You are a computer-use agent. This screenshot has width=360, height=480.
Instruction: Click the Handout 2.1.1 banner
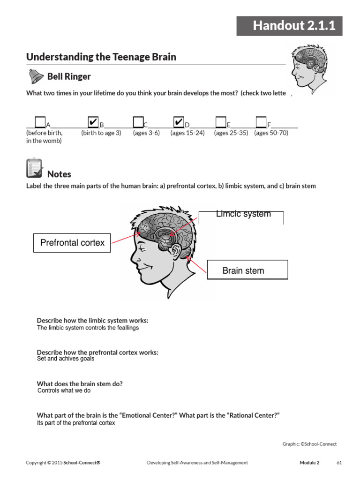point(289,26)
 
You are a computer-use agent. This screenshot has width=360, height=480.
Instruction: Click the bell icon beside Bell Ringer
point(35,76)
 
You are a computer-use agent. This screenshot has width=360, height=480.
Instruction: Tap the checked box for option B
point(93,123)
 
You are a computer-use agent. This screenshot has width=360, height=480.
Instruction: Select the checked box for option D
point(178,123)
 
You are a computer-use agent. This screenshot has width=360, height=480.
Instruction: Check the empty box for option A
point(40,123)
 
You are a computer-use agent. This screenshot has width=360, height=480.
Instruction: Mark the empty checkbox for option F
point(261,123)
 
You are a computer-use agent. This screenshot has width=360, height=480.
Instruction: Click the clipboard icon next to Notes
point(34,169)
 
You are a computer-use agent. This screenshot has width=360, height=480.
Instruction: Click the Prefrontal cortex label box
point(72,243)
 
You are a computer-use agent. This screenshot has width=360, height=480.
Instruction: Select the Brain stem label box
point(247,270)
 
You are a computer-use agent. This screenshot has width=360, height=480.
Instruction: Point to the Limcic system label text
point(243,214)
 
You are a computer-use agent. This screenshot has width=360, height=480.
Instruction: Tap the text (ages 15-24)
point(187,133)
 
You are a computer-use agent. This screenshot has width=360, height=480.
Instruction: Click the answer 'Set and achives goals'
point(66,359)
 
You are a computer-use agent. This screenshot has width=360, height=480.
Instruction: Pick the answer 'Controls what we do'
point(64,390)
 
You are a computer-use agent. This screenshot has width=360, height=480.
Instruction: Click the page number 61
point(339,463)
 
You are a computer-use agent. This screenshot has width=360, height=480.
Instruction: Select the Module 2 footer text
point(309,463)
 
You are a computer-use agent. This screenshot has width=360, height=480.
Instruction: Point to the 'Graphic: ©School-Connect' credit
point(309,444)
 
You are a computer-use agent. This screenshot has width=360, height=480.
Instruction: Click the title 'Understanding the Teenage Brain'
point(101,57)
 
